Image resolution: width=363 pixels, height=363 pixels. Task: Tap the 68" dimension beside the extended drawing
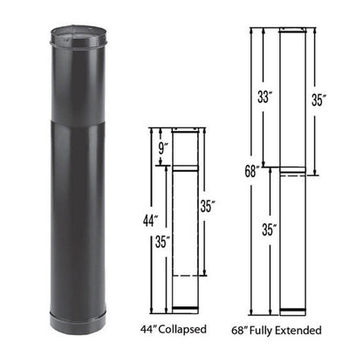(x=252, y=171)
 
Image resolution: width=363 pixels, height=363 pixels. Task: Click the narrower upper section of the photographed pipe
(x=69, y=79)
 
